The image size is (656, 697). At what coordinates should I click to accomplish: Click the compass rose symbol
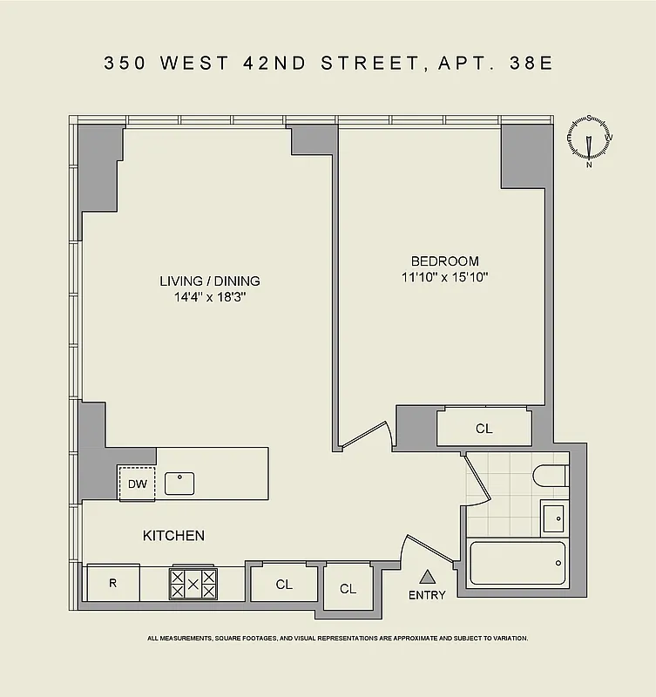[590, 139]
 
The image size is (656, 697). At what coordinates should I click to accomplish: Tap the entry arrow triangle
[427, 576]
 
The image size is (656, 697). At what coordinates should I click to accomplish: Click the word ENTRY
[427, 595]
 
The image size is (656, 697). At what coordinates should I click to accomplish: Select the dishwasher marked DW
[137, 484]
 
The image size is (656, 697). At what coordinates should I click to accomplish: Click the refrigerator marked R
[112, 583]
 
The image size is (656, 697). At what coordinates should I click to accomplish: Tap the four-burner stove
[193, 583]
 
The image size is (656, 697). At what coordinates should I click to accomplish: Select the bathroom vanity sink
[552, 519]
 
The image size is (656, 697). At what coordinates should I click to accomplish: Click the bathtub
[517, 563]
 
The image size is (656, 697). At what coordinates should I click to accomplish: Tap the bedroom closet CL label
[484, 429]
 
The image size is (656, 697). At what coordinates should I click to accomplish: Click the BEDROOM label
[444, 261]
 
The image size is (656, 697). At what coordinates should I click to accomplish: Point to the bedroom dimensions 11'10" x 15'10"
[444, 278]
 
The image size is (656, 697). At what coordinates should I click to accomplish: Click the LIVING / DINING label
[209, 281]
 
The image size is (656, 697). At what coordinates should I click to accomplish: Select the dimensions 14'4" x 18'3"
[209, 297]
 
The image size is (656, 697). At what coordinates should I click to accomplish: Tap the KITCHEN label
[173, 536]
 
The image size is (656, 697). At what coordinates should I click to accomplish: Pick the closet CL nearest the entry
[348, 589]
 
